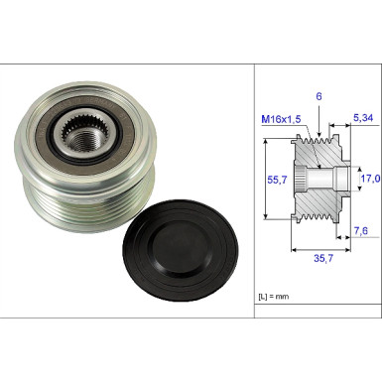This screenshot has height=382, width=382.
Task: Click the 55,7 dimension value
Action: (x=277, y=180)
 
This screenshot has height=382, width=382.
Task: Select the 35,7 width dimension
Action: (x=323, y=258)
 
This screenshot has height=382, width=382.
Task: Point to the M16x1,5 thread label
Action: (x=281, y=119)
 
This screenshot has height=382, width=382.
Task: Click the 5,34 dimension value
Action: (x=363, y=118)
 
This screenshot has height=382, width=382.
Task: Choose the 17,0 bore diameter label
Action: (x=370, y=179)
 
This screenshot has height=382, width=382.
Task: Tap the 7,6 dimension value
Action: (x=361, y=230)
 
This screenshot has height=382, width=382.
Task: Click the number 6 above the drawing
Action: (x=318, y=96)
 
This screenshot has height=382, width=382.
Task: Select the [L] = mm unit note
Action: (x=273, y=297)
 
